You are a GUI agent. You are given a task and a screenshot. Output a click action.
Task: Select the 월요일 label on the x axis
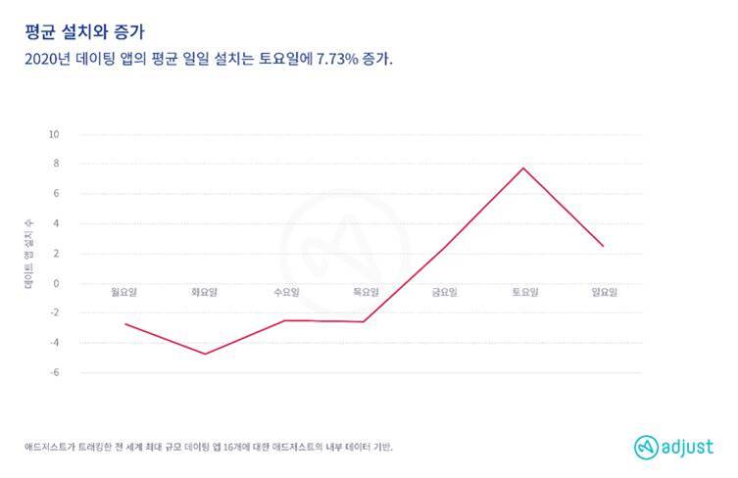point(125,291)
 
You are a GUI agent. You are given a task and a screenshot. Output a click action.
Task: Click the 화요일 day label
point(205,291)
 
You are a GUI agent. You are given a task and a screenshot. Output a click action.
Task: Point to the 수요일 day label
point(285,291)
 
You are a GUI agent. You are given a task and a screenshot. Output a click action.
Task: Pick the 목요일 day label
point(364,291)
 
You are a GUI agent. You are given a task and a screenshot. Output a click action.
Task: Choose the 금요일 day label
point(444,291)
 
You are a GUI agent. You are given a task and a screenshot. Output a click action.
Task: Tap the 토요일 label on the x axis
point(523,291)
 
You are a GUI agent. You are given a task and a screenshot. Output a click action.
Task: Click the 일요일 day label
point(603,291)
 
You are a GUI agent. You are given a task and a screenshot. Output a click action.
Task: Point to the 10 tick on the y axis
point(55,134)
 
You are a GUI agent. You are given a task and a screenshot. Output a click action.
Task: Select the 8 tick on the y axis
point(57,164)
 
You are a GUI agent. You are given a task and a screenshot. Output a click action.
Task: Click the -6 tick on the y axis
point(55,372)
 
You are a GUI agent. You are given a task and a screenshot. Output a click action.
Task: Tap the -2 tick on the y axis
point(55,312)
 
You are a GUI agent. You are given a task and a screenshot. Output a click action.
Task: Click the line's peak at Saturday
point(523,168)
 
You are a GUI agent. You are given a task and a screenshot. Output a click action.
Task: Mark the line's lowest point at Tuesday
point(205,354)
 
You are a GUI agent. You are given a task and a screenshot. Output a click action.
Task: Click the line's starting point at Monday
point(125,324)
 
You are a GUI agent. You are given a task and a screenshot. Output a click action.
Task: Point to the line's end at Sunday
point(603,246)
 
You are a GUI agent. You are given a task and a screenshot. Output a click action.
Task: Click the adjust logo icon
point(644,446)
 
